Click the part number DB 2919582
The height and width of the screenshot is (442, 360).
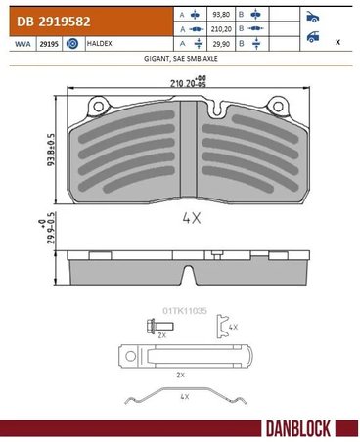[48, 17]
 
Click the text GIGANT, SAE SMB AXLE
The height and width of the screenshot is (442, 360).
[179, 59]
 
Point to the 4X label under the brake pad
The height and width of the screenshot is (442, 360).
[191, 220]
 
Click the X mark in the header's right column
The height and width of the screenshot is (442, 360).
[337, 43]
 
